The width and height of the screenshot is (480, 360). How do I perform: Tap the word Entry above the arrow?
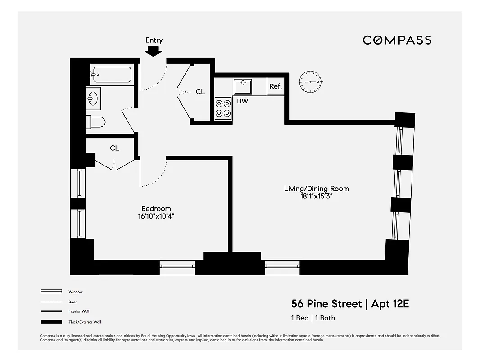(154, 40)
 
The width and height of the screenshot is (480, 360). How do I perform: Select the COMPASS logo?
(397, 40)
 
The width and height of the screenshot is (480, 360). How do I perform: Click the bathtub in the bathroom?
(111, 75)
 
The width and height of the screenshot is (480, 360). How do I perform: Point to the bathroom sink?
(93, 98)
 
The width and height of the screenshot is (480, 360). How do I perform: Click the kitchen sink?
(243, 86)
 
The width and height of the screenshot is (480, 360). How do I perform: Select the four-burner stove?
(222, 108)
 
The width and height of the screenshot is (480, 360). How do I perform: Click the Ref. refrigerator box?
(276, 87)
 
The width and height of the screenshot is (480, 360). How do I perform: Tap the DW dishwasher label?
(242, 101)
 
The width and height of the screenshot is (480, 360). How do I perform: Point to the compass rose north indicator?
(311, 82)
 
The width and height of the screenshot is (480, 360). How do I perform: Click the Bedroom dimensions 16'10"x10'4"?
(156, 216)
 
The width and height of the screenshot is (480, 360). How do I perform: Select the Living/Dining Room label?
(316, 189)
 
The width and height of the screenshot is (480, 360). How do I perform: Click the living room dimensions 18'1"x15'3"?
(316, 196)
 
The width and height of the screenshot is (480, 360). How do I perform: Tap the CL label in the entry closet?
(200, 92)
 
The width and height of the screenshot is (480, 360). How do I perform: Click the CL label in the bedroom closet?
(114, 148)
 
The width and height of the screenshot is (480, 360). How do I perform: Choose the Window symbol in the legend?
(51, 292)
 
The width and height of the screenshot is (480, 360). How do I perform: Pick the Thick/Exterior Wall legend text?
(85, 322)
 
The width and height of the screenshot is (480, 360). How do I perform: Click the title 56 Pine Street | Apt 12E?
(350, 304)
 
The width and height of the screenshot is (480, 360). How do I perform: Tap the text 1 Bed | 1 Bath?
(313, 318)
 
